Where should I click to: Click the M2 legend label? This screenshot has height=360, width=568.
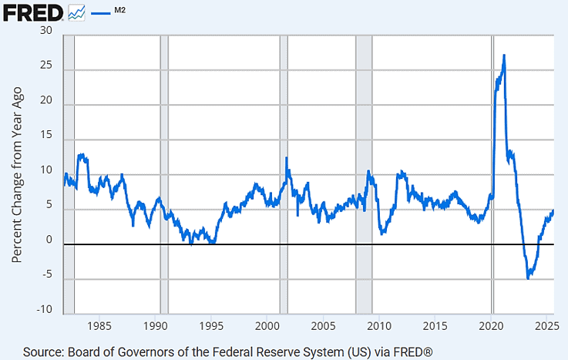tap(121, 9)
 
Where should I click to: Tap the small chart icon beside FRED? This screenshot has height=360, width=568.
tap(76, 12)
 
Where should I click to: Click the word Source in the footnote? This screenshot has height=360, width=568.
tap(45, 352)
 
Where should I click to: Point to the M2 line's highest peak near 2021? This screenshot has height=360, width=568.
tap(504, 56)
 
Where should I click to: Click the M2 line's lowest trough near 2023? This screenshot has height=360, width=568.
tap(528, 278)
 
